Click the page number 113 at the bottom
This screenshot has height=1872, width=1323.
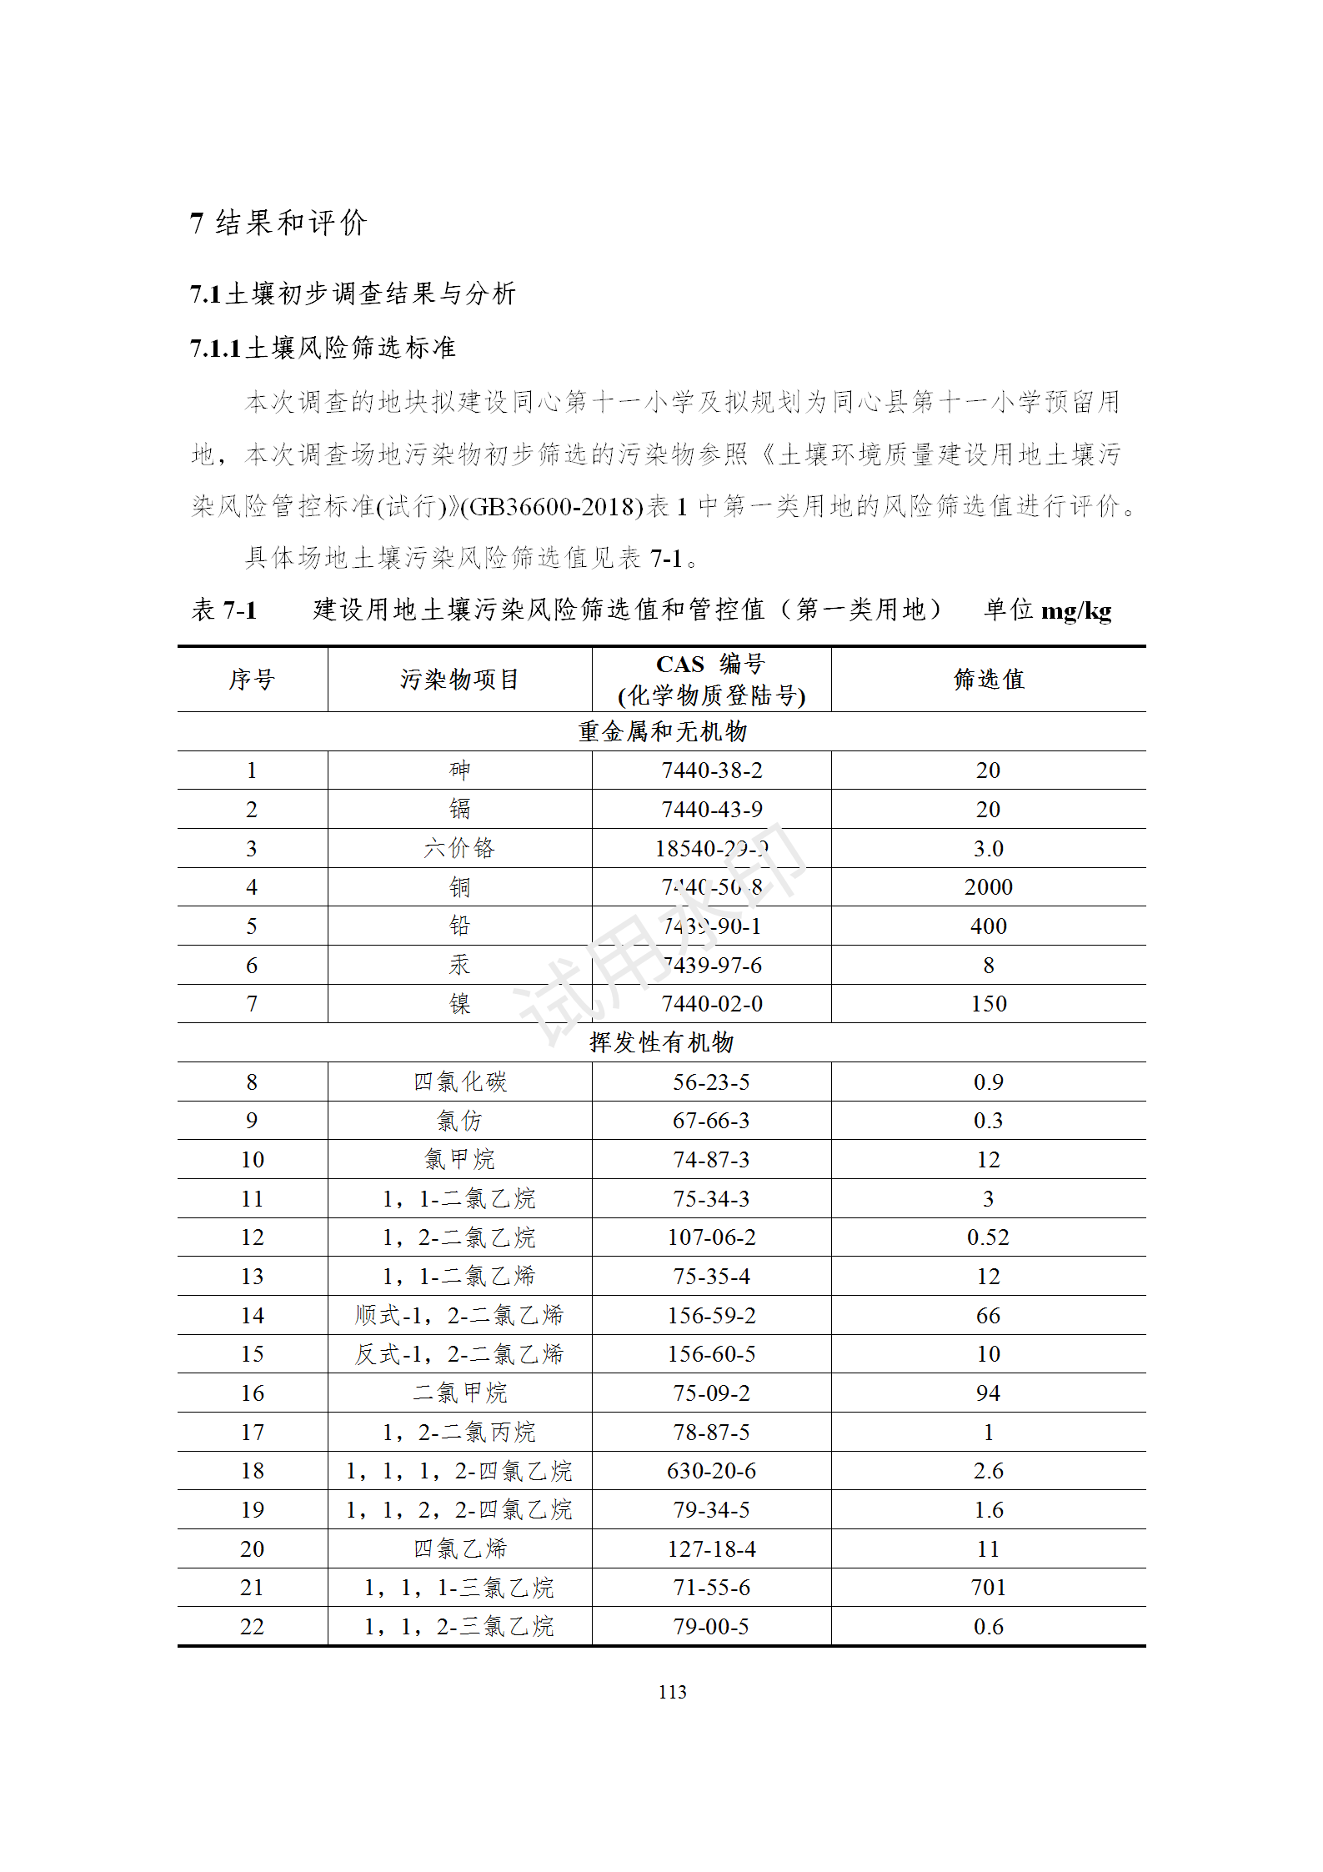672,1691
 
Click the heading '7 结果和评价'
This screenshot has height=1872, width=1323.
278,223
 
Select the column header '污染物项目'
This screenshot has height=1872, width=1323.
459,680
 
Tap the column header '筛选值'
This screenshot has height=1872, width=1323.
988,680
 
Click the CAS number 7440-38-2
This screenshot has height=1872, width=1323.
711,770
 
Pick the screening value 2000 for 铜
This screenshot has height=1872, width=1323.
988,887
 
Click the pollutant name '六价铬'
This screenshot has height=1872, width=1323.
459,849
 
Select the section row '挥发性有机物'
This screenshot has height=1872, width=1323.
661,1042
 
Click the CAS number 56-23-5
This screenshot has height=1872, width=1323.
711,1082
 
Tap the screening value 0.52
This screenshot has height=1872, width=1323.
988,1237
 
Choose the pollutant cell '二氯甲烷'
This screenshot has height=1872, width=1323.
459,1393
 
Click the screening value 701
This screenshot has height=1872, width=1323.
988,1588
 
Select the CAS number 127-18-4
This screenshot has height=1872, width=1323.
711,1549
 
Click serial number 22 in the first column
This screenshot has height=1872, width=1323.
252,1627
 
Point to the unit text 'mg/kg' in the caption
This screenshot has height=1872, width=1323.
1076,611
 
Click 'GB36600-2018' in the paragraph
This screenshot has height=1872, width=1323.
557,506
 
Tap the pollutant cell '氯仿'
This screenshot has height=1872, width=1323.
459,1121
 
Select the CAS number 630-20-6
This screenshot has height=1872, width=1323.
711,1471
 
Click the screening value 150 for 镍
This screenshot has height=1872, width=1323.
988,1004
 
